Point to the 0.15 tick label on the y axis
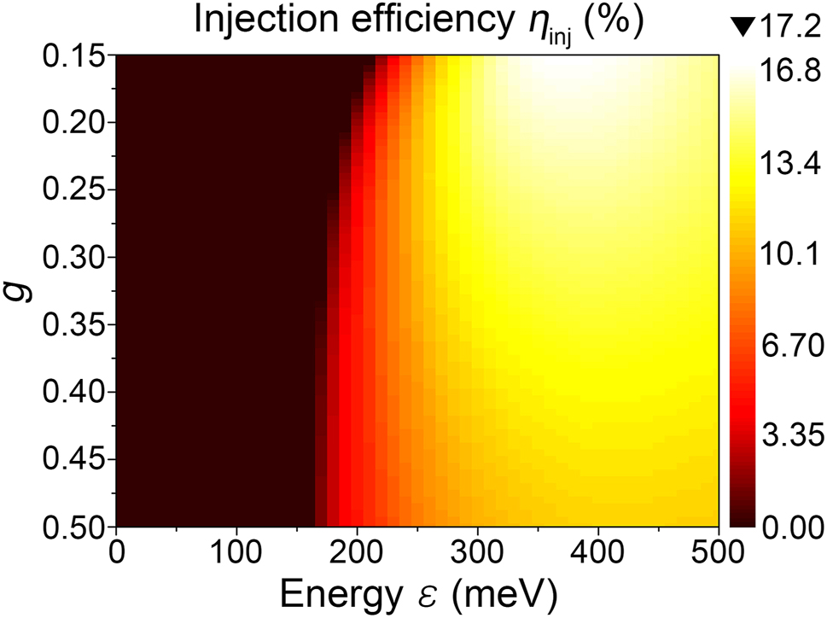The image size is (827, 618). (x=71, y=56)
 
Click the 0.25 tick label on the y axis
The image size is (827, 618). (x=71, y=190)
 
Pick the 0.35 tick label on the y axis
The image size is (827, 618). (x=71, y=325)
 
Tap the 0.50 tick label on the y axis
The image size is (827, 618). (x=71, y=526)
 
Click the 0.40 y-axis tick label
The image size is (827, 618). (x=71, y=393)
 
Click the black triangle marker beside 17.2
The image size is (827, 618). (x=744, y=27)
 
